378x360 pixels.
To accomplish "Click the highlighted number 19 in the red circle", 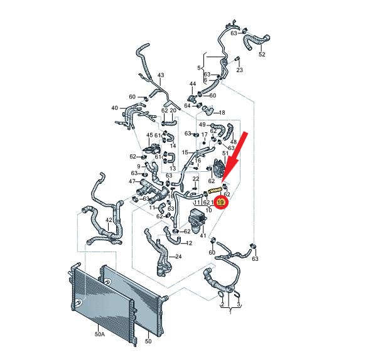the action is click(220, 202).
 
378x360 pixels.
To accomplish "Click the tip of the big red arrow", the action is click(222, 182).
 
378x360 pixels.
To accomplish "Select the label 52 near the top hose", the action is click(262, 54).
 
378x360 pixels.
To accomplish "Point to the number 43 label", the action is click(161, 75).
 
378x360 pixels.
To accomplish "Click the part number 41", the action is click(203, 235).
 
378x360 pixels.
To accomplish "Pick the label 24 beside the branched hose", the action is click(178, 257).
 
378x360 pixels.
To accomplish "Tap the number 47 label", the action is click(132, 181).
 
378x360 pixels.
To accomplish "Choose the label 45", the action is click(149, 135).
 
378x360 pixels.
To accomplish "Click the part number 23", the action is click(239, 70).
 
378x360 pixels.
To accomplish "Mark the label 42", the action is click(109, 220).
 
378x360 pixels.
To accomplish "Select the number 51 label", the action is click(225, 153).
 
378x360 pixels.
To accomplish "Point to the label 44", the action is click(193, 83).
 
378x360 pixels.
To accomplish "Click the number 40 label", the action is click(115, 108).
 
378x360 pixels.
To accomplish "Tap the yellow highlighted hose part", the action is click(215, 191).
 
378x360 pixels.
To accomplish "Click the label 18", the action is click(222, 112).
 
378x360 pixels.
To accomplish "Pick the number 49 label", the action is click(202, 125).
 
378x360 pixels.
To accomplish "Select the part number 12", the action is click(189, 243).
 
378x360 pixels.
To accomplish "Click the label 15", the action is click(185, 152).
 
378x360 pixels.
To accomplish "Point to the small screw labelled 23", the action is click(237, 59).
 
